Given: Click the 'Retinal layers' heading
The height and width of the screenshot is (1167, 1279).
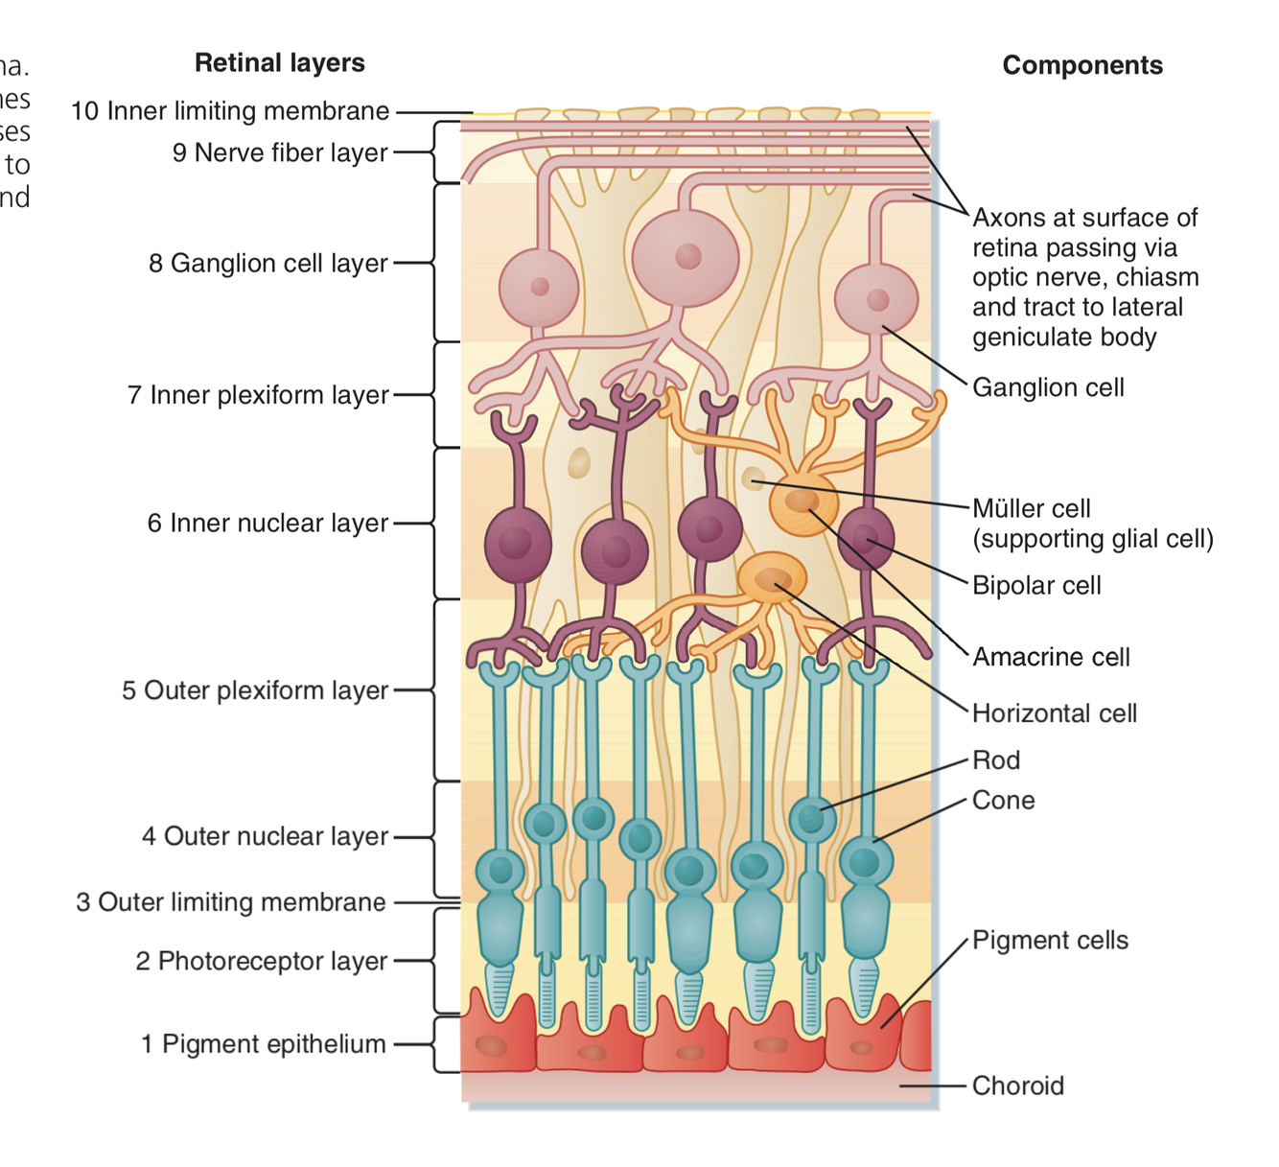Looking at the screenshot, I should tap(279, 63).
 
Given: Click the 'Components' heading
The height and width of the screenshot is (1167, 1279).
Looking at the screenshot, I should tap(1081, 65).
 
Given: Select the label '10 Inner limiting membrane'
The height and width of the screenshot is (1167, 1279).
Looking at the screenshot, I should tap(230, 111).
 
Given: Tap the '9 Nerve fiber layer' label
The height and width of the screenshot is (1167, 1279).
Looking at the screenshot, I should tap(280, 152).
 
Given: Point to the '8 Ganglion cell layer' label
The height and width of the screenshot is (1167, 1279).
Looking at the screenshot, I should tap(267, 263).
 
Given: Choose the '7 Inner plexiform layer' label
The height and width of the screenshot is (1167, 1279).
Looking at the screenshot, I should tap(258, 394).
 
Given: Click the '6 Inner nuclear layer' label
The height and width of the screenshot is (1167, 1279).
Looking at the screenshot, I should tap(267, 523).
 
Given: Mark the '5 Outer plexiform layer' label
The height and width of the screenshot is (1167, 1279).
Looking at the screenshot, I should tap(255, 690).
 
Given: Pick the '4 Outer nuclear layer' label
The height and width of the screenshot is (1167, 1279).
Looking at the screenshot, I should tap(265, 836).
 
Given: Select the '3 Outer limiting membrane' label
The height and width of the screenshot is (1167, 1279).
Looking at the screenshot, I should tap(231, 902).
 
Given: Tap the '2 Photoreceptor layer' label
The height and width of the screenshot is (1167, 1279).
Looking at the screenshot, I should tap(261, 961).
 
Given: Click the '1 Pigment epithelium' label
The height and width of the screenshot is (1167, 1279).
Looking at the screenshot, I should tap(263, 1043).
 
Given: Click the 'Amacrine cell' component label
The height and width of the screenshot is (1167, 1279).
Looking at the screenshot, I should tap(1051, 657).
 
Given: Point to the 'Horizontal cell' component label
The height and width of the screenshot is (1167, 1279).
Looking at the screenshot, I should tap(1054, 713).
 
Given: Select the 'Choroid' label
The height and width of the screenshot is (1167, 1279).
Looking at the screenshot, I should tap(1017, 1085).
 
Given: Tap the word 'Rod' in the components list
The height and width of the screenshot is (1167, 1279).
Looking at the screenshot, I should tap(996, 760).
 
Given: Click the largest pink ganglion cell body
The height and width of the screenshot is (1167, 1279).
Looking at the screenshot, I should tap(686, 257).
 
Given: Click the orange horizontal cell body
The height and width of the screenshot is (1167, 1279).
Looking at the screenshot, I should tap(772, 578).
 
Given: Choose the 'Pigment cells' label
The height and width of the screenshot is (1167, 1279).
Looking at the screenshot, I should tap(1050, 940).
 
